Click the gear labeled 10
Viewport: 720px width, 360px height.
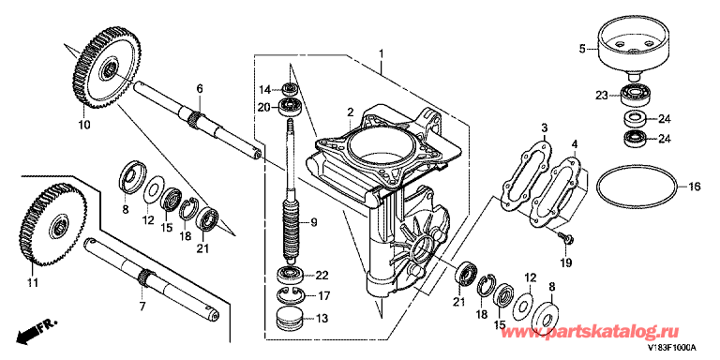107,67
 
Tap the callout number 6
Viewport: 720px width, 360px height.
200,89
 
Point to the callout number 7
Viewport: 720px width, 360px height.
142,306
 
